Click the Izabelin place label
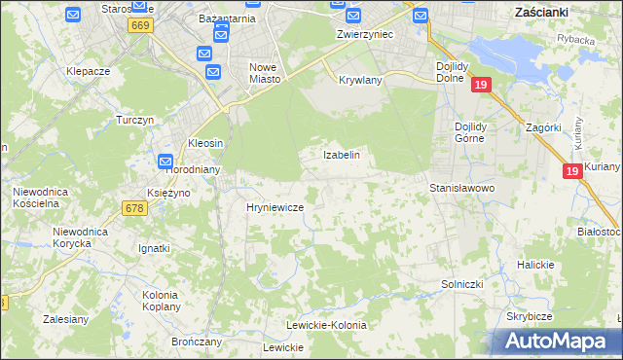(342, 155)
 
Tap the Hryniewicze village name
(275, 208)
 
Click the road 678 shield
(134, 207)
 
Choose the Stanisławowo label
(462, 188)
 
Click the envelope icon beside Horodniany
(165, 162)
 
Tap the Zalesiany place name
(66, 318)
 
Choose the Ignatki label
(154, 248)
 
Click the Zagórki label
(542, 127)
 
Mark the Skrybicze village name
(530, 317)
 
